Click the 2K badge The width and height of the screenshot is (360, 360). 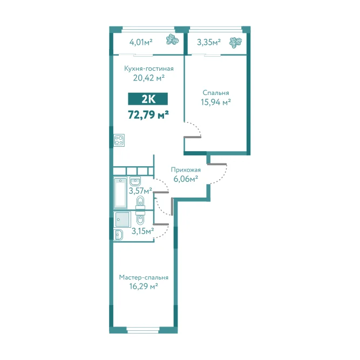(148, 99)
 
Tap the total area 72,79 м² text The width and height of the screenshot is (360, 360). (148, 114)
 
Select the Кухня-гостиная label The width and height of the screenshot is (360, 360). (149, 69)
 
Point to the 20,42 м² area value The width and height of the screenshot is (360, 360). (149, 78)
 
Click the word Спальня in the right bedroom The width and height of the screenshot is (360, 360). (216, 93)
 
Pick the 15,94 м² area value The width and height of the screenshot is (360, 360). (216, 102)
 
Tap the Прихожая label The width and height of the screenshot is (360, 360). (186, 170)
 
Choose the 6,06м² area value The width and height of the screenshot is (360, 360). (186, 179)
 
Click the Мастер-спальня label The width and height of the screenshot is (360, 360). (144, 277)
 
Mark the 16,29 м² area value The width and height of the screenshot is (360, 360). (144, 286)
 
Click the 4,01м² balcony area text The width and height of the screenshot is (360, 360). (141, 42)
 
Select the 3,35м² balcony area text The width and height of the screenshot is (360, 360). (209, 42)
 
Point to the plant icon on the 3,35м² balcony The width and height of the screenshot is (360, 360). (235, 43)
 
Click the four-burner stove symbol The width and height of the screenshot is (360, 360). (119, 140)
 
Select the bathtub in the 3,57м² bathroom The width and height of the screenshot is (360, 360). (120, 193)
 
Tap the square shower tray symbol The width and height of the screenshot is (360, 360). (123, 219)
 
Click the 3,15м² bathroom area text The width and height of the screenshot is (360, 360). (142, 231)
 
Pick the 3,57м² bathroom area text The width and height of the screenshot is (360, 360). (140, 191)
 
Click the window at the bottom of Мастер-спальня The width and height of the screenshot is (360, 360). (143, 330)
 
